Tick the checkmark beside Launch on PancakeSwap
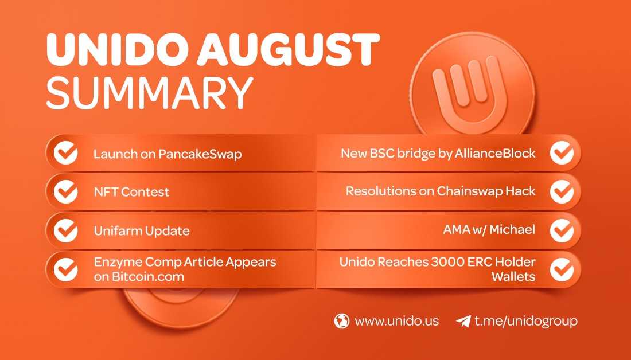pos(65,153)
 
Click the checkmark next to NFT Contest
pos(65,192)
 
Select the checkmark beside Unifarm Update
pos(65,230)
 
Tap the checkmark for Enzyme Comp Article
pos(65,269)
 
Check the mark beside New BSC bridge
pos(562,153)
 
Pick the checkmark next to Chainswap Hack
pos(562,191)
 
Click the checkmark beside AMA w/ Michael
pos(562,230)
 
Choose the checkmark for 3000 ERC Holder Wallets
pos(562,269)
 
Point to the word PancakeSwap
pos(200,154)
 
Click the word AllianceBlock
pos(495,153)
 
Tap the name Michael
pos(512,230)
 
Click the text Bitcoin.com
pos(139,277)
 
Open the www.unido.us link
pos(397,321)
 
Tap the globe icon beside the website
pos(342,321)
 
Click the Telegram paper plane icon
pos(463,321)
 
